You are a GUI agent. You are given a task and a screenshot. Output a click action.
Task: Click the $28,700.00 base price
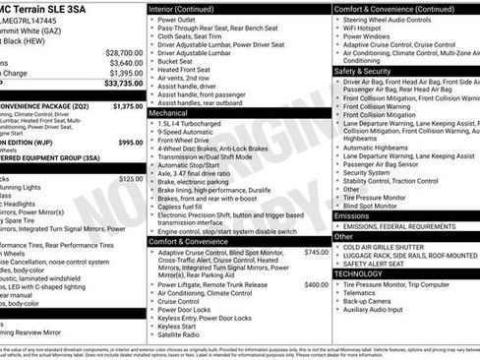pos(124,52)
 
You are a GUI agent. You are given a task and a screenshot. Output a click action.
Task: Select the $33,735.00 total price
pos(124,84)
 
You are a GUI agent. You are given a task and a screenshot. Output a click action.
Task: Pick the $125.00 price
pos(130,179)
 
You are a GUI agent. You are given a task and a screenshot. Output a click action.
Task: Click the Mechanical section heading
pos(174,113)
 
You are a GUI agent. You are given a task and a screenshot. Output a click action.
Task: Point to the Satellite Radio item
pos(183,334)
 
